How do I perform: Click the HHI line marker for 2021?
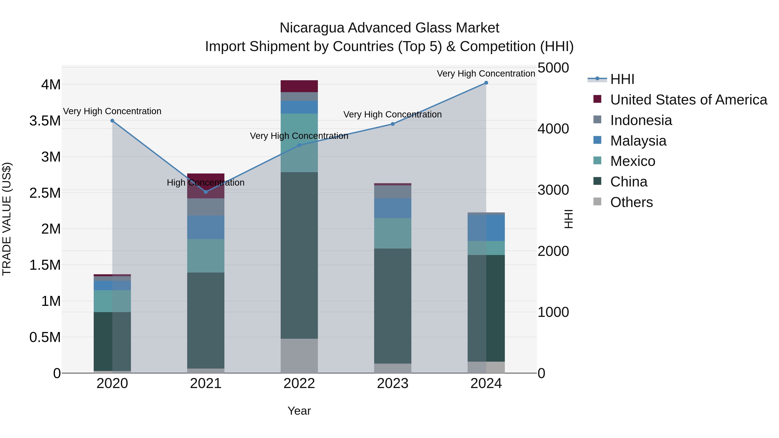[206, 192]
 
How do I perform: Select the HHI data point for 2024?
[486, 83]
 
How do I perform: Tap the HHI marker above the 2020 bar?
[112, 121]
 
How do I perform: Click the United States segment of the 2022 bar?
[299, 86]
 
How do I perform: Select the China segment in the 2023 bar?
[393, 306]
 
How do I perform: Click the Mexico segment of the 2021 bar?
[206, 256]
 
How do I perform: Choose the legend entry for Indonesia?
[641, 120]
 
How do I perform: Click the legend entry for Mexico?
[632, 161]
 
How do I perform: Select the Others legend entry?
[631, 202]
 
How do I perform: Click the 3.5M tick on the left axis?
[45, 121]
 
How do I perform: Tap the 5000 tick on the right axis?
[553, 68]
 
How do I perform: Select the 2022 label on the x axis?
[299, 383]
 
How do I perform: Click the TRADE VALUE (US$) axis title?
[7, 219]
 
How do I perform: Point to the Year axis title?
[299, 411]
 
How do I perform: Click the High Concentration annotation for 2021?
[206, 183]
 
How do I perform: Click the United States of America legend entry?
[688, 100]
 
